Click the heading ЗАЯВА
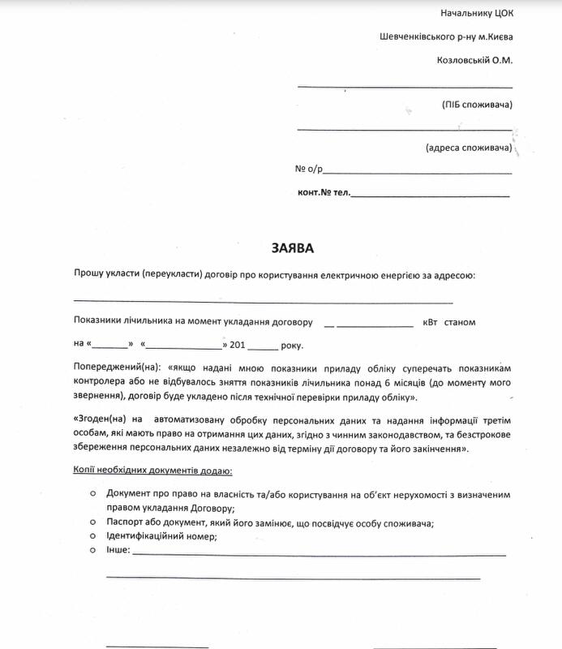[291, 247]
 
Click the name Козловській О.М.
[474, 60]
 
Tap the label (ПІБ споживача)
[478, 105]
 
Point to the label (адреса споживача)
[469, 148]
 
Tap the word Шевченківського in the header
[413, 37]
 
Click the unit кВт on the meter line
[429, 322]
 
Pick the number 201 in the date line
[238, 345]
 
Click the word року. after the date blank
[291, 345]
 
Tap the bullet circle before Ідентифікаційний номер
[93, 536]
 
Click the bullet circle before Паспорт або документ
[93, 522]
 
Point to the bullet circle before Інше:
[93, 550]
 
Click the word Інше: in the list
[118, 551]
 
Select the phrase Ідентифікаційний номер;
[161, 537]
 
